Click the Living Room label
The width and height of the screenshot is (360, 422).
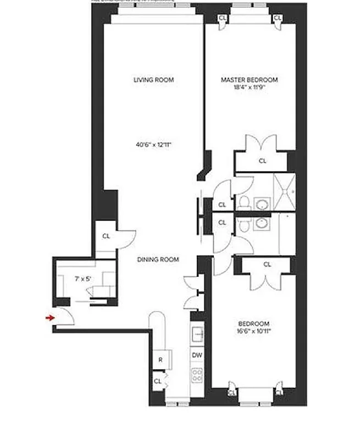click(x=153, y=80)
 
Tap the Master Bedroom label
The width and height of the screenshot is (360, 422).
click(x=249, y=80)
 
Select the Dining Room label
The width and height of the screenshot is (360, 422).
click(x=158, y=259)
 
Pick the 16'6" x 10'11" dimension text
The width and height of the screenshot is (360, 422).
click(x=254, y=331)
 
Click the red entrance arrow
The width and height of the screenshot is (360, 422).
click(x=50, y=318)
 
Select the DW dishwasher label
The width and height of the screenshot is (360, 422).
click(x=197, y=355)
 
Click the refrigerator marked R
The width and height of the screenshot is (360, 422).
click(x=161, y=360)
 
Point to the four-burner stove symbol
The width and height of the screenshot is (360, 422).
click(x=197, y=375)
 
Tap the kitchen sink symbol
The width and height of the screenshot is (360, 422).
click(x=197, y=334)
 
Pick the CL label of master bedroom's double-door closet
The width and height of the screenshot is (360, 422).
click(x=262, y=161)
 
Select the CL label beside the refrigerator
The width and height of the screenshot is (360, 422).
click(x=157, y=380)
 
